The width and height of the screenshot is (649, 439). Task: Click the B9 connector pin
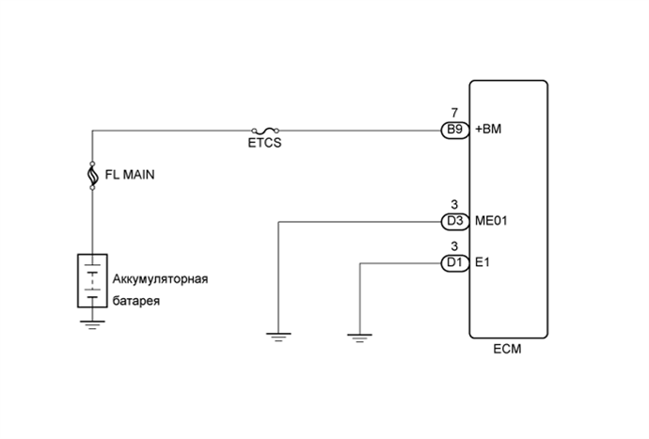[x=454, y=131]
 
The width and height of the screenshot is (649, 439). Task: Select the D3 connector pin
[x=454, y=222]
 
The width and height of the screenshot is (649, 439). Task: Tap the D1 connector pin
[x=454, y=262]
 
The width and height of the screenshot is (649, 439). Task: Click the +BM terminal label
[x=491, y=131]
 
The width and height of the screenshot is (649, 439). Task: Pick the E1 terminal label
[x=483, y=262]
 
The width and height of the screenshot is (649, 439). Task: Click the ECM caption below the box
[x=508, y=350]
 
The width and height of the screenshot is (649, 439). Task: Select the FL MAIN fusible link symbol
[x=92, y=175]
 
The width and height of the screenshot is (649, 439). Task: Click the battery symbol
[x=92, y=280]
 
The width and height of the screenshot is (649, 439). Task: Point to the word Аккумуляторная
[x=159, y=279]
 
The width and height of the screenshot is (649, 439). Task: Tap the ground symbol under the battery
[x=92, y=324]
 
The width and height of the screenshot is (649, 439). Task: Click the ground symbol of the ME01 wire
[x=277, y=336]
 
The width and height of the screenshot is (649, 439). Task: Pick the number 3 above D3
[x=454, y=205]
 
